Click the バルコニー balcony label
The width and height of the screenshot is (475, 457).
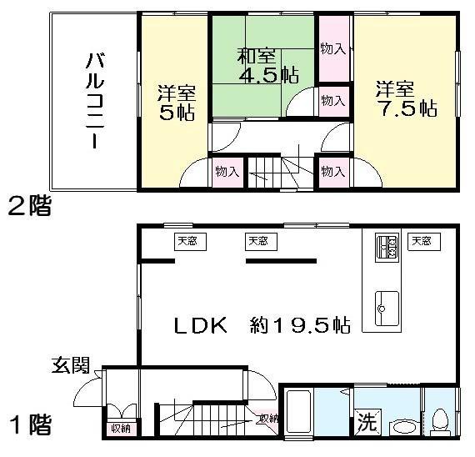92,99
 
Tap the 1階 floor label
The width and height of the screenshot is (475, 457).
30,425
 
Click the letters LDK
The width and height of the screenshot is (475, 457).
200,324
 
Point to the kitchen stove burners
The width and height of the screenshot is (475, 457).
387,246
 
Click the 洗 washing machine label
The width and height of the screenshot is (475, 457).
367,422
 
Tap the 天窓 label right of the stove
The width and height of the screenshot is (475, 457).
422,242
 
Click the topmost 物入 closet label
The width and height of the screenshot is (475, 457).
333,49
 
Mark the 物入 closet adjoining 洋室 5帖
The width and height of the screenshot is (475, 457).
227,172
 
